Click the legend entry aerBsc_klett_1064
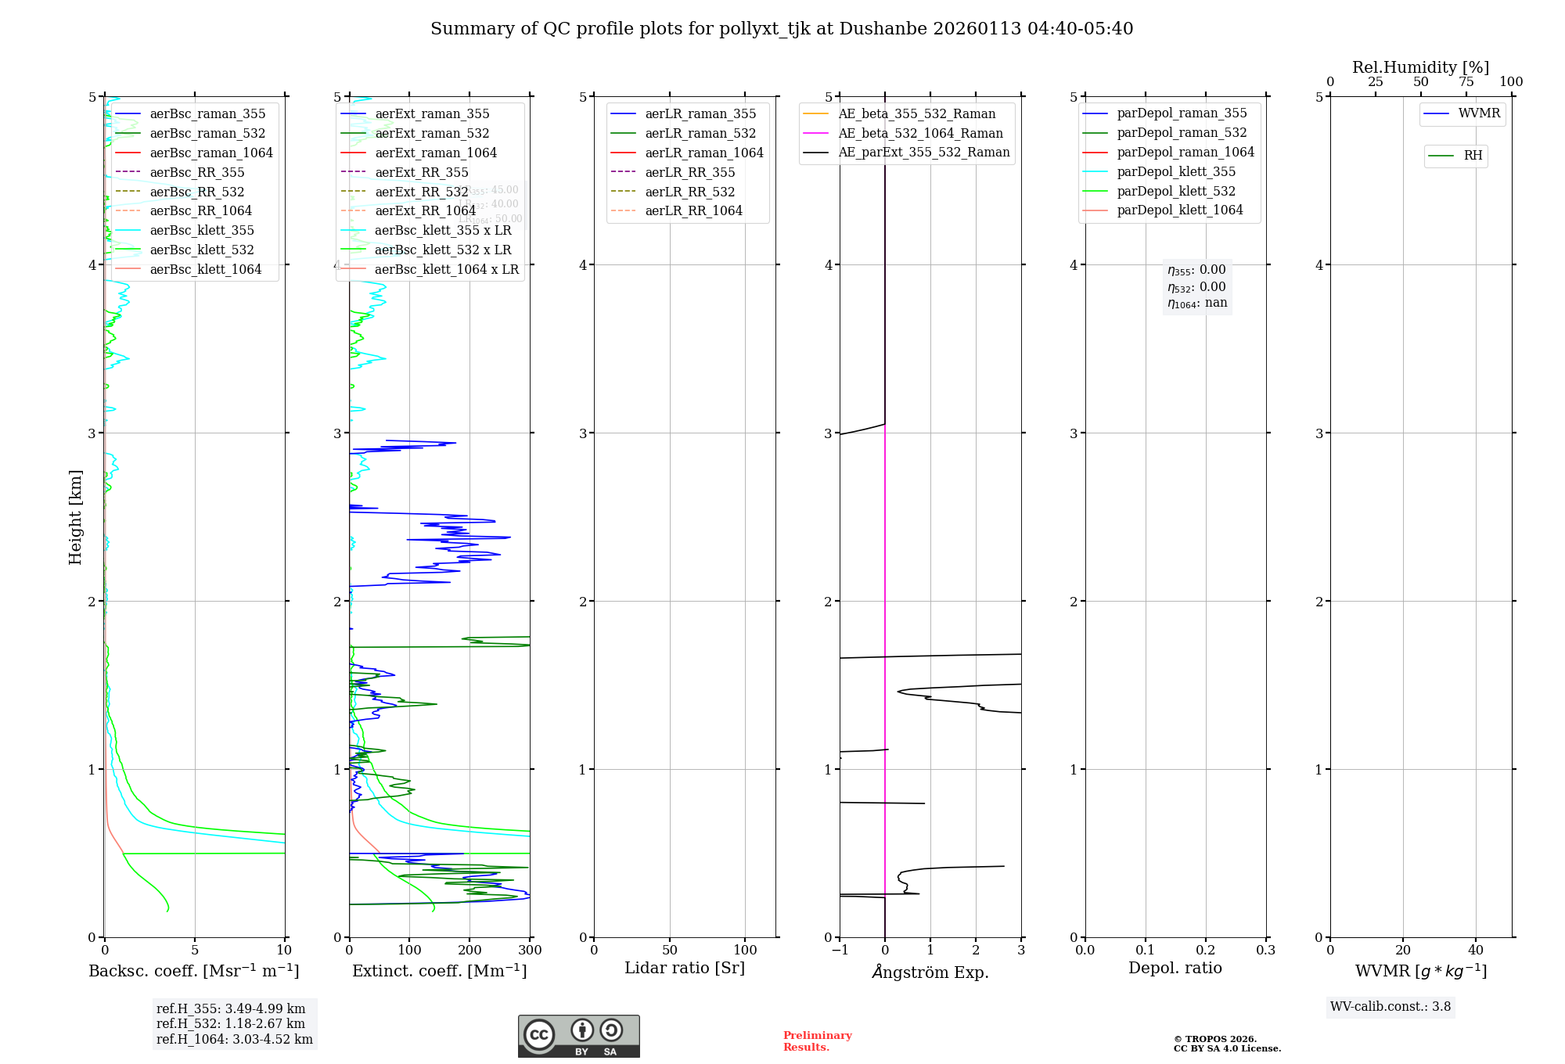point(205,269)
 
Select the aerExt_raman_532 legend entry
point(432,133)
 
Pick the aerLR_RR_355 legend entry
point(689,172)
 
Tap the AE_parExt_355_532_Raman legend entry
point(923,152)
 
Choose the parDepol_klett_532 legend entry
point(1175,191)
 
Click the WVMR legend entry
point(1479,113)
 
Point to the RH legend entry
point(1473,156)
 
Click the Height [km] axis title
point(75,516)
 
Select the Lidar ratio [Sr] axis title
point(685,968)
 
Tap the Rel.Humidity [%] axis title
point(1420,67)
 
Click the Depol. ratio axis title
point(1175,968)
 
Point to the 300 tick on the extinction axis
point(531,951)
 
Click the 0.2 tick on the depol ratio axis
point(1206,951)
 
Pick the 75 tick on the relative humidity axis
point(1466,82)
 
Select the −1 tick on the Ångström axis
point(840,951)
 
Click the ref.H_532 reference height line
point(231,1023)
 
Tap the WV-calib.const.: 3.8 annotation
point(1391,1007)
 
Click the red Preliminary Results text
point(817,1041)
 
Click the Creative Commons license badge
point(578,1036)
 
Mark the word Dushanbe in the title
point(881,29)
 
